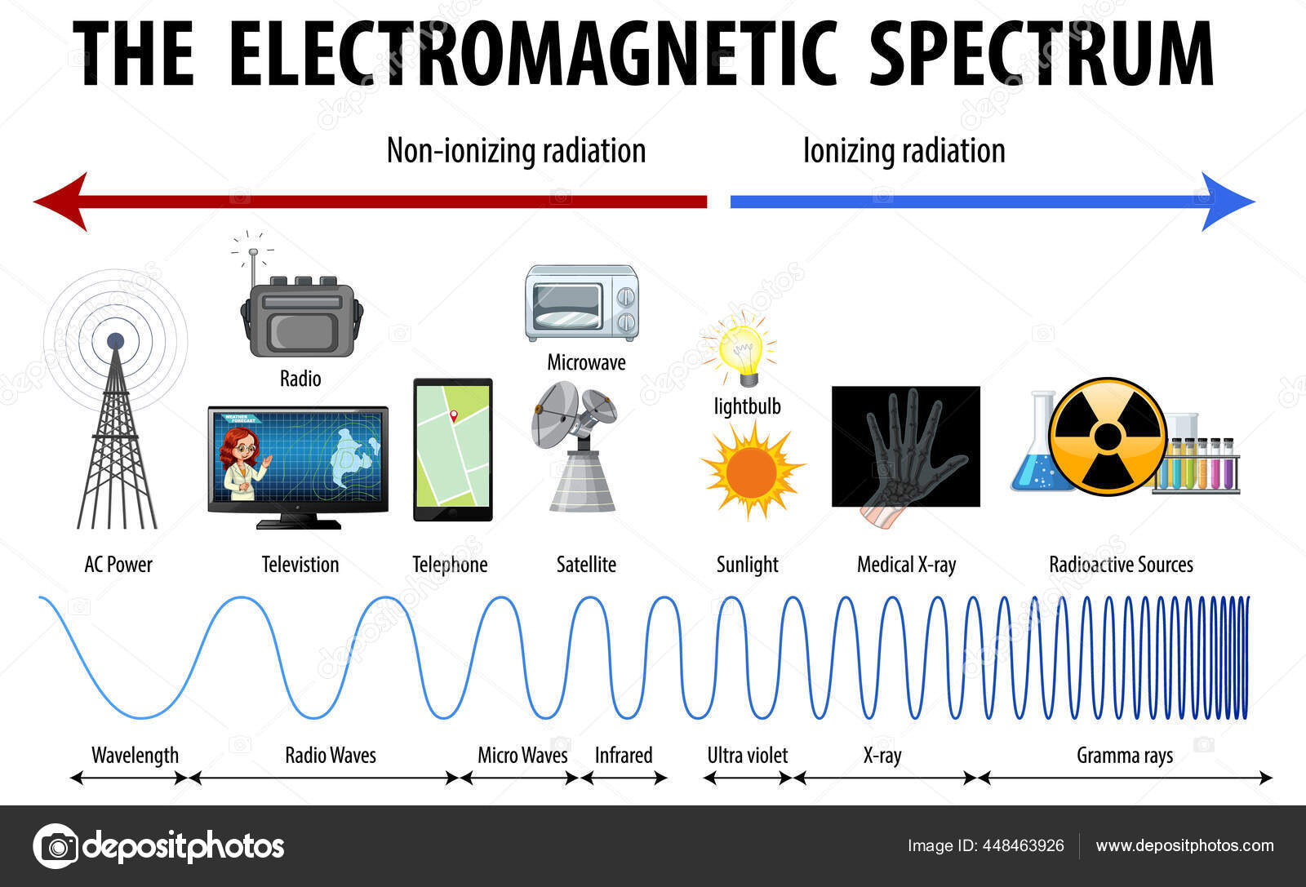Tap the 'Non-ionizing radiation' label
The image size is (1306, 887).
coord(516,151)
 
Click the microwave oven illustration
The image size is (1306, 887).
coord(581,303)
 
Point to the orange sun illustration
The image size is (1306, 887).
coord(751,471)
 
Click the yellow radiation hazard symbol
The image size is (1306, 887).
coord(1108,437)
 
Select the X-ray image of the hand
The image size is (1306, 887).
coord(905,447)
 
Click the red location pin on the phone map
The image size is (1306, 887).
coord(454,415)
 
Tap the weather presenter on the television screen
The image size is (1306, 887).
coord(242,463)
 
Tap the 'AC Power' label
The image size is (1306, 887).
coord(118,565)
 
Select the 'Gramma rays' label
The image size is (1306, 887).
coord(1124,756)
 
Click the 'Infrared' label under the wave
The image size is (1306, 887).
coord(623,756)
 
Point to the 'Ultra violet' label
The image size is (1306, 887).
coord(747,756)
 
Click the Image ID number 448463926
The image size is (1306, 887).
coord(1022,845)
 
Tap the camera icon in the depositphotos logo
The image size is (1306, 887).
coord(56,846)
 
